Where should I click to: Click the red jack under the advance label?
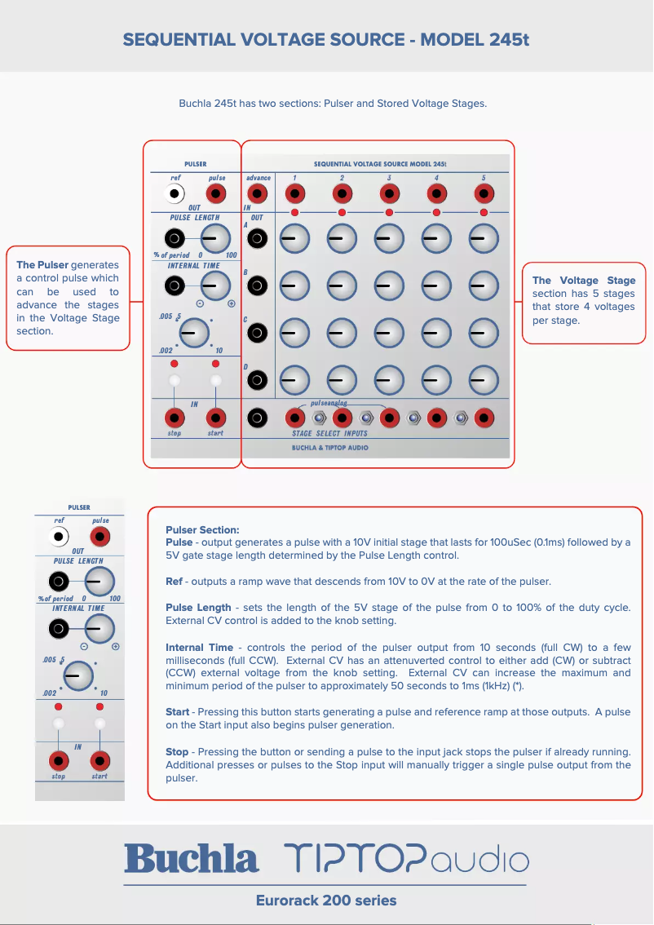[x=258, y=194]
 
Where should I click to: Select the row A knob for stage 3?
[x=389, y=239]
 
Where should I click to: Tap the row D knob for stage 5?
[x=484, y=380]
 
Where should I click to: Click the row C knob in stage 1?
[x=294, y=333]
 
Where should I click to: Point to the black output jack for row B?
[x=258, y=285]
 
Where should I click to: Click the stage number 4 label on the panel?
[x=436, y=178]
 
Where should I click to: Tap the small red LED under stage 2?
[x=342, y=213]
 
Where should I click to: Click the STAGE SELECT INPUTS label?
[x=329, y=434]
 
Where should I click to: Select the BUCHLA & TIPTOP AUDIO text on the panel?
[x=329, y=448]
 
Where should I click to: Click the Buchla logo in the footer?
[x=192, y=860]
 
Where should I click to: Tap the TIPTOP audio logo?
[x=406, y=860]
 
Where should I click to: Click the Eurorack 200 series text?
[x=326, y=901]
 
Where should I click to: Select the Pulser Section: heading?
[x=202, y=530]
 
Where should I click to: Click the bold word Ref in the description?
[x=174, y=582]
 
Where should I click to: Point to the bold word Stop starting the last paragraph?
[x=178, y=751]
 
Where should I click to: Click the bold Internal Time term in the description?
[x=199, y=648]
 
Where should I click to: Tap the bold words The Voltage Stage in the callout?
[x=583, y=281]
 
